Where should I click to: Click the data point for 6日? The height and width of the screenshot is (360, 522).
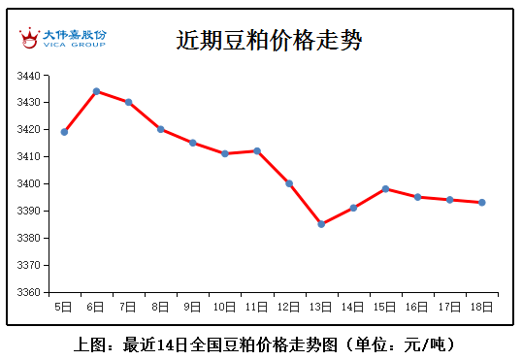tap(97, 91)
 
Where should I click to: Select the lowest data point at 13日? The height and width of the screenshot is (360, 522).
tap(321, 224)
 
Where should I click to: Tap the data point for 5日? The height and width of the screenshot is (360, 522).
tap(64, 132)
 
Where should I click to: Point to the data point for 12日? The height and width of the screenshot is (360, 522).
tap(289, 183)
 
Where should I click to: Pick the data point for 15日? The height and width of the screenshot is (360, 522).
tap(385, 189)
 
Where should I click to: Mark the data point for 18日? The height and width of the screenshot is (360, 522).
tap(481, 203)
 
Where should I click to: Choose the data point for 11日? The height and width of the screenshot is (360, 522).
tap(257, 150)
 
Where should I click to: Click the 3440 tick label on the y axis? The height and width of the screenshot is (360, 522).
tap(29, 76)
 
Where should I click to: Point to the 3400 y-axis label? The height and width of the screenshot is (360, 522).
tap(29, 183)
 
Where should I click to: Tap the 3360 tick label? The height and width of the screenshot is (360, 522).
tap(29, 292)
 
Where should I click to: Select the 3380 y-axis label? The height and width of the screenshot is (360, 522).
tap(29, 238)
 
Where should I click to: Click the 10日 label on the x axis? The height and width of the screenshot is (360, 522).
tap(224, 307)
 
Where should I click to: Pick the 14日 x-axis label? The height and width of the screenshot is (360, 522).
tap(352, 307)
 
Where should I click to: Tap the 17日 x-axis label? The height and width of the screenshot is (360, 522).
tap(449, 307)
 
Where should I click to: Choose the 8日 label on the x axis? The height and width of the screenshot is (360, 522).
tap(160, 307)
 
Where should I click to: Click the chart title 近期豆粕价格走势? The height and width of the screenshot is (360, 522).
tap(269, 41)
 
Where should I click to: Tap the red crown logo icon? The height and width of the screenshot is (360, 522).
tap(29, 38)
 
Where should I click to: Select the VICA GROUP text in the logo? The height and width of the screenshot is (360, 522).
tap(75, 45)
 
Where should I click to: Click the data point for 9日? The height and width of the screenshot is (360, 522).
tap(193, 143)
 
